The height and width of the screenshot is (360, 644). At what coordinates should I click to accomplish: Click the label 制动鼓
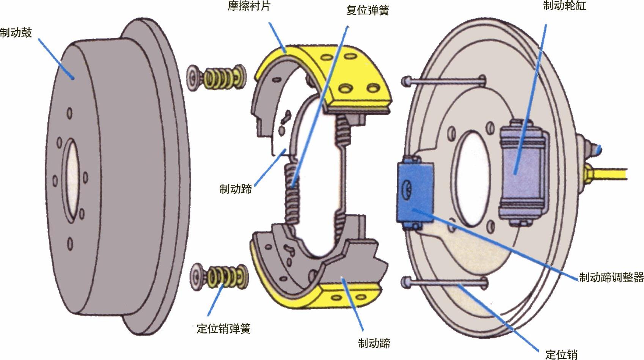[16, 33]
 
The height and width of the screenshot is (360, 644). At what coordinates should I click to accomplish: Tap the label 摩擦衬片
[249, 6]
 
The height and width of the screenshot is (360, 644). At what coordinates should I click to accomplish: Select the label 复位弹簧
[368, 10]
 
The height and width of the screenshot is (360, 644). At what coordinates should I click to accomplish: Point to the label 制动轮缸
[564, 5]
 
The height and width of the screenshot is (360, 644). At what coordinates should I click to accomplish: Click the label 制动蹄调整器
[611, 277]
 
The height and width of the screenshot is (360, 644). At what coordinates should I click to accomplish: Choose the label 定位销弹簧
[224, 329]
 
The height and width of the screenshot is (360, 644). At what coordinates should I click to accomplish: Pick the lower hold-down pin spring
[219, 277]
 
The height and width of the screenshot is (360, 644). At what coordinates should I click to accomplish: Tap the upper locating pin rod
[444, 81]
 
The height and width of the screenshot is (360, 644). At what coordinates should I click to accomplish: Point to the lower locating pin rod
[445, 282]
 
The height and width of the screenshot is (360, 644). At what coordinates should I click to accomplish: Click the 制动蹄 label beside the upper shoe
[236, 189]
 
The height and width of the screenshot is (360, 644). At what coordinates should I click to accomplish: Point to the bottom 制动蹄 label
[374, 343]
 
